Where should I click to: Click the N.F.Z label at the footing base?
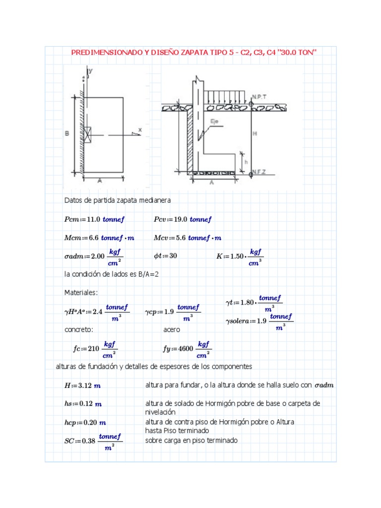[x=259, y=172]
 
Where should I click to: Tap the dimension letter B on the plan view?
[x=66, y=133]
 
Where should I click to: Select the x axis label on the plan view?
[x=140, y=130]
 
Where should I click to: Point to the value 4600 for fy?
[x=184, y=349]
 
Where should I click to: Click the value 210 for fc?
[x=93, y=349]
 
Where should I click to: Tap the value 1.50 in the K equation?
[x=238, y=256]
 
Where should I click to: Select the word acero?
[x=172, y=329]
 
